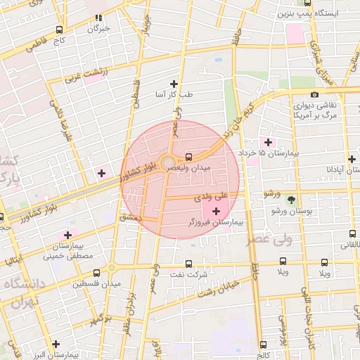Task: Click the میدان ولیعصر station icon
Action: point(188,157)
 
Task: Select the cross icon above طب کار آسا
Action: point(174,84)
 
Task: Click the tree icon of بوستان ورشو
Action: point(291,200)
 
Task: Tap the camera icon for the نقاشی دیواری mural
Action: point(314,95)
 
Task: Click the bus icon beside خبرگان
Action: point(99,18)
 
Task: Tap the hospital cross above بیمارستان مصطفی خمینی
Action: point(68,235)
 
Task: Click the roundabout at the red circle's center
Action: point(169,164)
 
